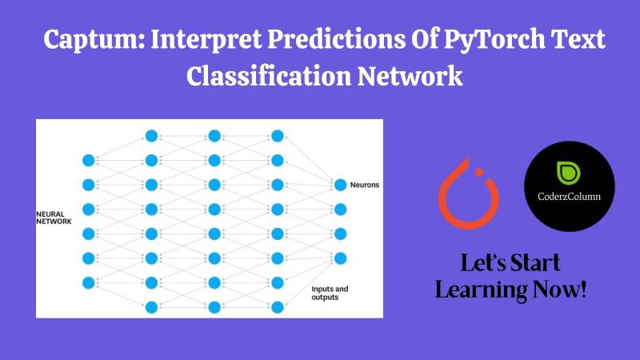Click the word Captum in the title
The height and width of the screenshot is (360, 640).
click(94, 39)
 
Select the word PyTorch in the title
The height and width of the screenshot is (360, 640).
click(494, 40)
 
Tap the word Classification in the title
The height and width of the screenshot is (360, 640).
click(269, 76)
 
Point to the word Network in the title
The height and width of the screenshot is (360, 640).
click(410, 76)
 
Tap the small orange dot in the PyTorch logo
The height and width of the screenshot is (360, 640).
click(479, 172)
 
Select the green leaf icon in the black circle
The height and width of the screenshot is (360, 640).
click(569, 173)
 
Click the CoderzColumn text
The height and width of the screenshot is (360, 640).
click(569, 196)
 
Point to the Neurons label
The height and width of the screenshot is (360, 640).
click(365, 185)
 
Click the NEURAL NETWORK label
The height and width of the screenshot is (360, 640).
click(54, 218)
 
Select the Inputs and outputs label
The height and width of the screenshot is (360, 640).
click(330, 293)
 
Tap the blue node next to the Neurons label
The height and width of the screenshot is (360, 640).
click(341, 185)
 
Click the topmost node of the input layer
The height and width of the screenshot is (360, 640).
click(89, 161)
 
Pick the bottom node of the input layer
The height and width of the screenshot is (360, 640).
click(89, 283)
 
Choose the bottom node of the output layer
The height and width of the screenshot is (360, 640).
click(341, 258)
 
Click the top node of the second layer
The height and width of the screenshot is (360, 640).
click(151, 136)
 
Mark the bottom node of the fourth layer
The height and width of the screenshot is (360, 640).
click(278, 307)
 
